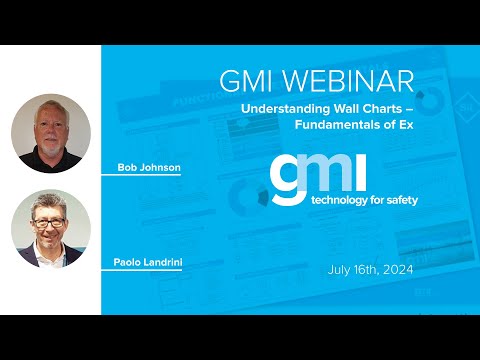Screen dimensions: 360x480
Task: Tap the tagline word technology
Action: pos(339,200)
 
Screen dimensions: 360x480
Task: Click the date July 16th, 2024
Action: pos(369,269)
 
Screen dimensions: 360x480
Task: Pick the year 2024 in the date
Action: pos(396,269)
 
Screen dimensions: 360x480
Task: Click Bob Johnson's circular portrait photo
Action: pos(51,134)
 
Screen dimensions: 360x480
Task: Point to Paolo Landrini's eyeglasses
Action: pos(50,220)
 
